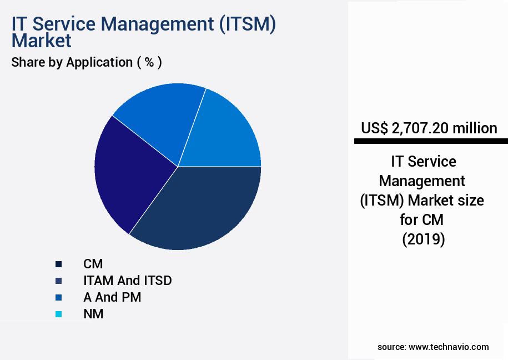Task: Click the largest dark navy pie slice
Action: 200,208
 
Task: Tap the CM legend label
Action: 93,264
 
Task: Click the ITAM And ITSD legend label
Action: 127,281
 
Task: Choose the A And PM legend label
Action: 112,297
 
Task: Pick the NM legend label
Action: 93,314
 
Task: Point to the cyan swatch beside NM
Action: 58,314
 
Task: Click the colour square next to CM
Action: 58,264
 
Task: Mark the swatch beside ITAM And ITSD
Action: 58,281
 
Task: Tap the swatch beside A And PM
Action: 58,298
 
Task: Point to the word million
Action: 475,128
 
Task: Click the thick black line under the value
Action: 431,142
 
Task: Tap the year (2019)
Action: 423,239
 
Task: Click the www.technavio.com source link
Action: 449,347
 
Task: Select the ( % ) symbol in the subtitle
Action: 149,62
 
